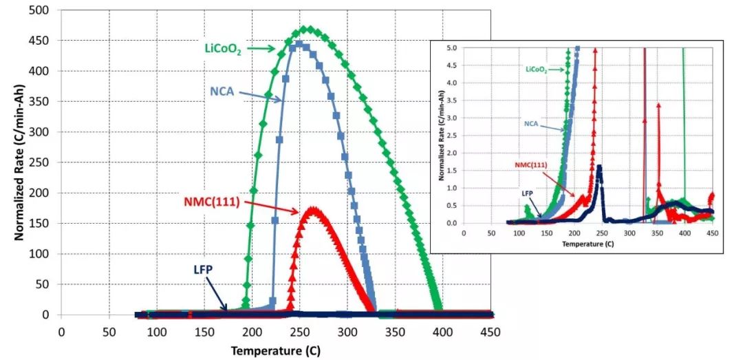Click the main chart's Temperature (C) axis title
[274, 350]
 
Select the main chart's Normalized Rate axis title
[20, 162]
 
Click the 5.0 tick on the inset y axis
[452, 48]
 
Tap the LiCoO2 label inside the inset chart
[540, 70]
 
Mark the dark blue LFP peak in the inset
[600, 167]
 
